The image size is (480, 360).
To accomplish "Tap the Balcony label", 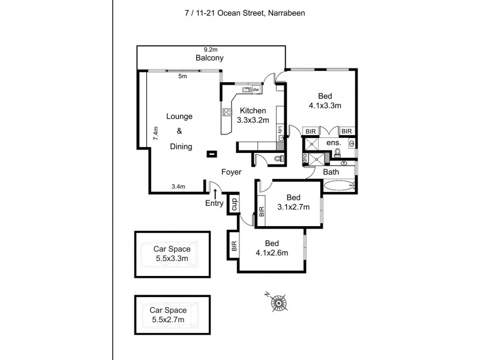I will pyautogui.click(x=209, y=58).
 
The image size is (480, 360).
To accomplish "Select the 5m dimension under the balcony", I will pyautogui.click(x=182, y=76).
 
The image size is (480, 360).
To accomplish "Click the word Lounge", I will pyautogui.click(x=179, y=116).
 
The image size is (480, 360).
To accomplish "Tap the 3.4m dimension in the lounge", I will pyautogui.click(x=178, y=187).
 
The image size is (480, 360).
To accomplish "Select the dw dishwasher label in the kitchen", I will pyautogui.click(x=256, y=90).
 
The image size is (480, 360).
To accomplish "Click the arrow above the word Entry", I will pyautogui.click(x=215, y=192).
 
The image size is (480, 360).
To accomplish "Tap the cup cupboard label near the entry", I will pyautogui.click(x=235, y=203).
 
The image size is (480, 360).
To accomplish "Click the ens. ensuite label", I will pyautogui.click(x=334, y=143).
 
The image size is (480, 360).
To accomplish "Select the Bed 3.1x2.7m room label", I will pyautogui.click(x=293, y=203).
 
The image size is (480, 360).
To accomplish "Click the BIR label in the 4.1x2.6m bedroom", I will pyautogui.click(x=234, y=246).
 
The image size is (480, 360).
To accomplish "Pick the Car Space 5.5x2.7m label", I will pyautogui.click(x=169, y=315).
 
